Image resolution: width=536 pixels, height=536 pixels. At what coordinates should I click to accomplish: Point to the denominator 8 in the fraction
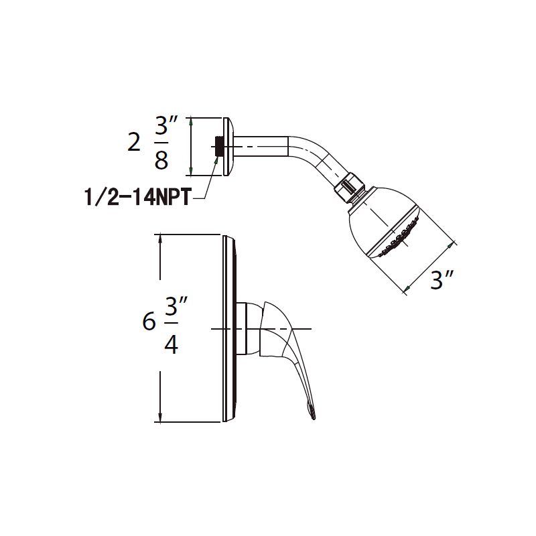pyautogui.click(x=161, y=161)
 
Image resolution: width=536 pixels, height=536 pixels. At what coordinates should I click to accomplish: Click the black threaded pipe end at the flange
pyautogui.click(x=218, y=146)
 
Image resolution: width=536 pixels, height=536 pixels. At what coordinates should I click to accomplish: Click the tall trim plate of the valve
pyautogui.click(x=228, y=328)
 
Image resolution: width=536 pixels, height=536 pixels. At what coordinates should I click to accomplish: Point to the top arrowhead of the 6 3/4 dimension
pyautogui.click(x=160, y=239)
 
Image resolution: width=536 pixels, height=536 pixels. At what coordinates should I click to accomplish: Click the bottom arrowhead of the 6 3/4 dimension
pyautogui.click(x=160, y=418)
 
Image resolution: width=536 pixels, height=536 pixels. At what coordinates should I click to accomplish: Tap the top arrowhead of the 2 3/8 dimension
pyautogui.click(x=192, y=121)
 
